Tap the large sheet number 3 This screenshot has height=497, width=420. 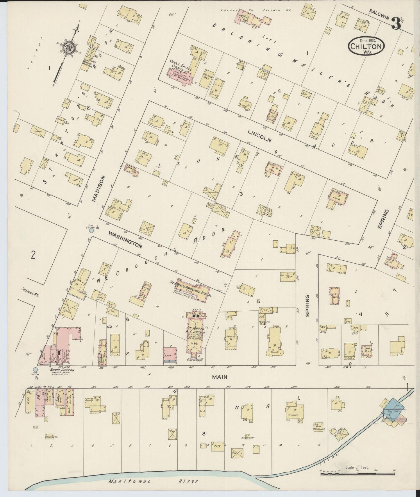[396, 24]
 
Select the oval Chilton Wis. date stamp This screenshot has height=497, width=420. [367, 46]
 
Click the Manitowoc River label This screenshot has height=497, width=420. [153, 481]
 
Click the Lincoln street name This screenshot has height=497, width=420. [260, 136]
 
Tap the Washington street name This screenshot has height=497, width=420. [125, 240]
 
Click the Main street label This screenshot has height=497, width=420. [219, 377]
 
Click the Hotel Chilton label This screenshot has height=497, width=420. [62, 370]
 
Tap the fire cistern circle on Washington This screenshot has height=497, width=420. [92, 230]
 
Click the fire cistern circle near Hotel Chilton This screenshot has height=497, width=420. [35, 370]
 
